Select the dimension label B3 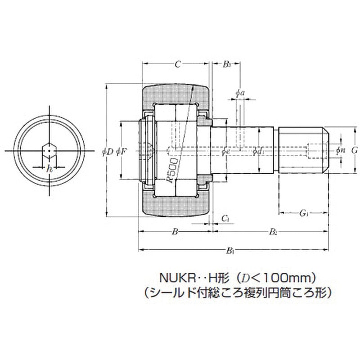227,64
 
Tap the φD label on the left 108,152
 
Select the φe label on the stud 227,152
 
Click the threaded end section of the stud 302,150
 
